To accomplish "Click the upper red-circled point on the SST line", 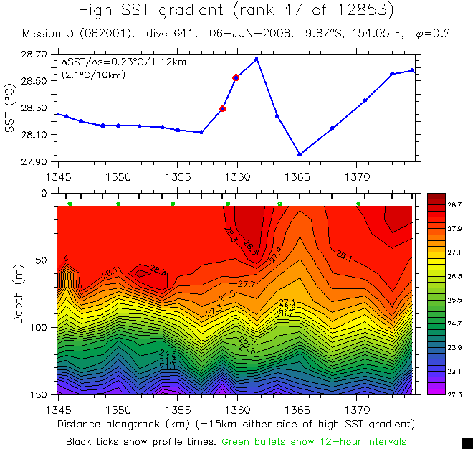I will (236, 77).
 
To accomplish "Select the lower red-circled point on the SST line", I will (223, 109).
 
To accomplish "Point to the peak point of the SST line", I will (257, 58).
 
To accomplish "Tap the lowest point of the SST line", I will (300, 154).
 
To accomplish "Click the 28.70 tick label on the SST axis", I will (34, 55).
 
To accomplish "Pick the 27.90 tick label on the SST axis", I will (34, 161).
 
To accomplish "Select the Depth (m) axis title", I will (18, 294).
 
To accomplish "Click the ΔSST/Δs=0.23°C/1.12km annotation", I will (123, 62).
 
